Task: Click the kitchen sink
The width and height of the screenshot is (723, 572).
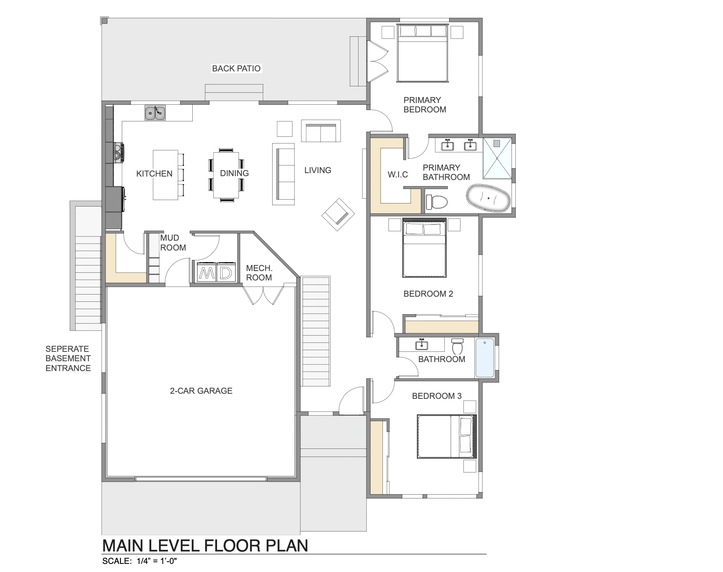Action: (x=155, y=113)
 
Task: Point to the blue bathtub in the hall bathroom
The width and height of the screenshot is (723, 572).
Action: (x=485, y=358)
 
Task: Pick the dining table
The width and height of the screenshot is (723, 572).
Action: (x=226, y=175)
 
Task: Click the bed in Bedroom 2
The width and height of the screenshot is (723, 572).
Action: (x=424, y=248)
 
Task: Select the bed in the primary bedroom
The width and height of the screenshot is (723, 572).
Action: (x=423, y=53)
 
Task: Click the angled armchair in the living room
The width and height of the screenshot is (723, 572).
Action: (x=338, y=214)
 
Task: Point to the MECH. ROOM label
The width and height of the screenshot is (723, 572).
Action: (x=259, y=273)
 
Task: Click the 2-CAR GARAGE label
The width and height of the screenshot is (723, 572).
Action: (x=201, y=391)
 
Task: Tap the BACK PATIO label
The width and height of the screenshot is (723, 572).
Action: (x=236, y=68)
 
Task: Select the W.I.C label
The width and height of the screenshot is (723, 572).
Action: (x=398, y=174)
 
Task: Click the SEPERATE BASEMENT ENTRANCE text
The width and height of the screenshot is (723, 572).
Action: (x=68, y=358)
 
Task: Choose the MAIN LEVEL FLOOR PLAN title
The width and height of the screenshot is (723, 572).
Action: (x=205, y=546)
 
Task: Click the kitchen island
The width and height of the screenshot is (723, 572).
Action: (x=166, y=175)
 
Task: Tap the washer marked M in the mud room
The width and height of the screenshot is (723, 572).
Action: (x=207, y=272)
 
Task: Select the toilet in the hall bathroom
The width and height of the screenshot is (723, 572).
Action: (x=458, y=346)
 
